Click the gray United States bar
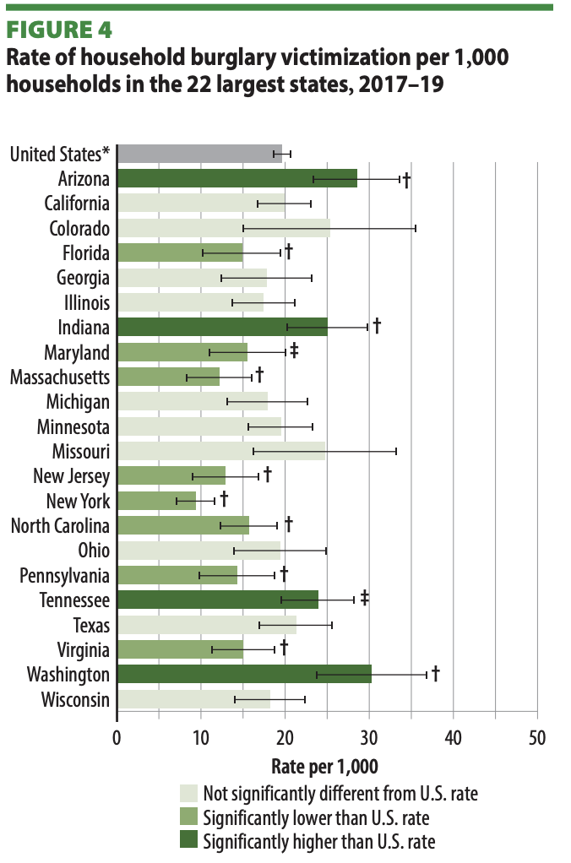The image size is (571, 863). pyautogui.click(x=199, y=154)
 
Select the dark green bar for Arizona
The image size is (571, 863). pyautogui.click(x=237, y=178)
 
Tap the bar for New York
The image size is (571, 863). pyautogui.click(x=156, y=501)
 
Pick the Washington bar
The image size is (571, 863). pyautogui.click(x=243, y=674)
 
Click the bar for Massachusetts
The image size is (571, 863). pyautogui.click(x=168, y=377)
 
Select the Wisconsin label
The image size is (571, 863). pyautogui.click(x=75, y=699)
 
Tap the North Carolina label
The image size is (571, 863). pyautogui.click(x=60, y=526)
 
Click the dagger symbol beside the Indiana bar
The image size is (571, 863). pyautogui.click(x=378, y=326)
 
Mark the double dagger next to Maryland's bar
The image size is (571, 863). pyautogui.click(x=294, y=350)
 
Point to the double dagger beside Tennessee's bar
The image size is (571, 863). pyautogui.click(x=365, y=599)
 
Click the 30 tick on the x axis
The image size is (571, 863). pyautogui.click(x=369, y=736)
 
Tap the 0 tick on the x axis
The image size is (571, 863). pyautogui.click(x=117, y=736)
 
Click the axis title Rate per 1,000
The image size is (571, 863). pyautogui.click(x=324, y=766)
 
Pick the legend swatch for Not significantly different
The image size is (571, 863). pyautogui.click(x=188, y=793)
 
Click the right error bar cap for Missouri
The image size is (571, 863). pyautogui.click(x=396, y=452)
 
